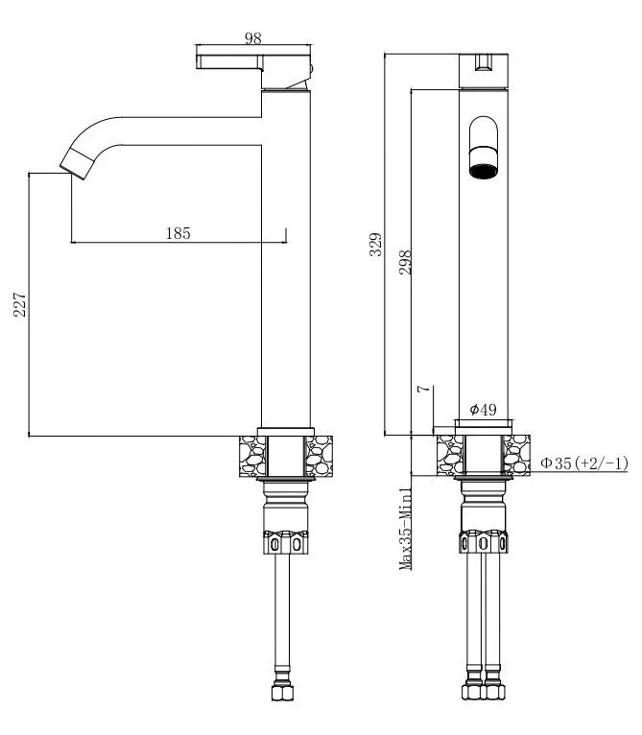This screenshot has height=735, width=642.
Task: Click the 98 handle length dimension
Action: tap(253, 38)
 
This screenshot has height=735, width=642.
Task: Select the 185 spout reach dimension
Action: tap(178, 232)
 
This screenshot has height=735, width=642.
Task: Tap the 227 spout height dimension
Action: tap(19, 305)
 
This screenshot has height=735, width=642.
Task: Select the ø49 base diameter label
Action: tap(483, 410)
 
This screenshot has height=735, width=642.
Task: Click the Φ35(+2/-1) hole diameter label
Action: tap(583, 463)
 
